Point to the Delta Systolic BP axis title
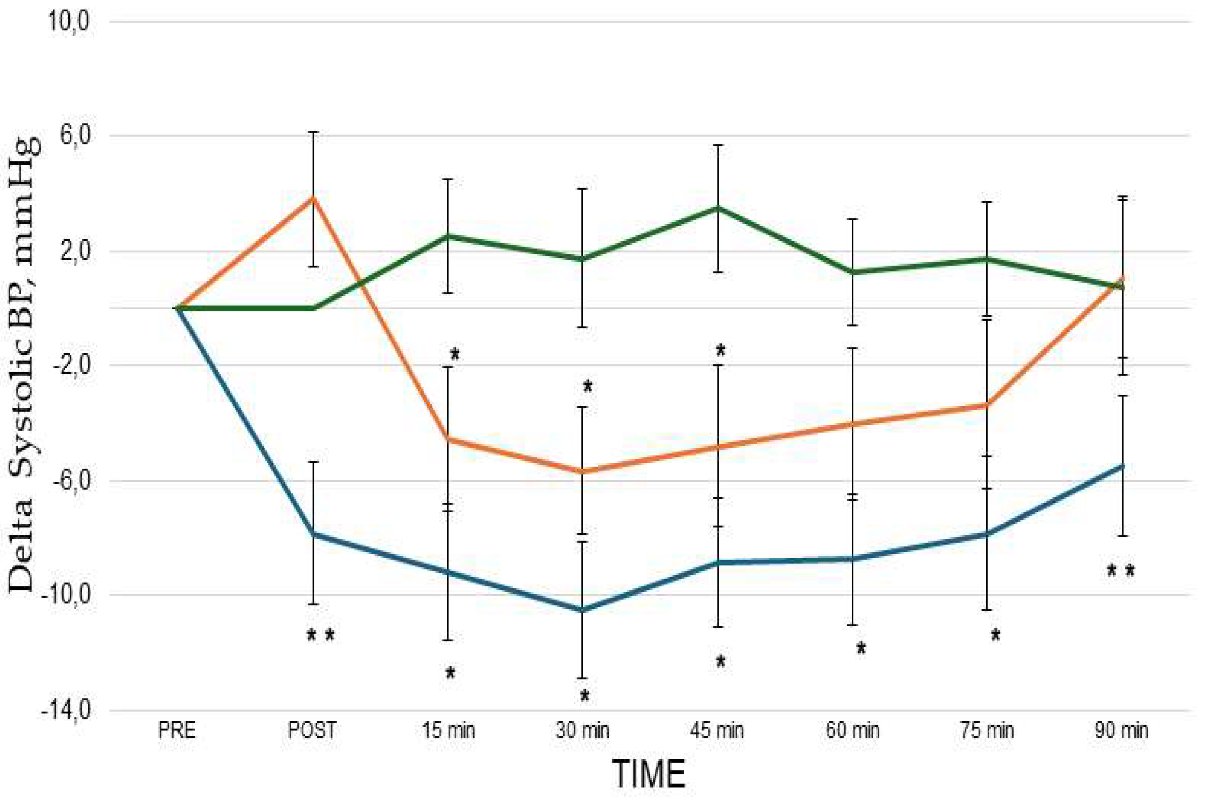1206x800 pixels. (x=23, y=365)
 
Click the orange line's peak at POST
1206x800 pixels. (x=314, y=198)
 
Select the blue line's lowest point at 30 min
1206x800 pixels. (x=582, y=610)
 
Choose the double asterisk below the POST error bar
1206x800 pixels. (x=321, y=635)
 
